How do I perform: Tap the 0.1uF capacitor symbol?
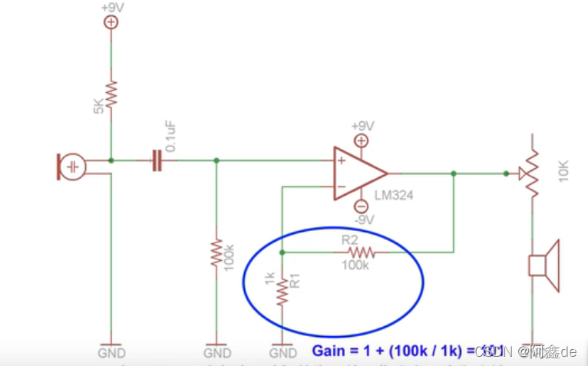(x=157, y=160)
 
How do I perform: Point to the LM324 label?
(x=394, y=196)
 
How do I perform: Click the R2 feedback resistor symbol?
(x=360, y=252)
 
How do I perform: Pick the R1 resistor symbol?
(x=283, y=292)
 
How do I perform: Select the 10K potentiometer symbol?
(x=530, y=175)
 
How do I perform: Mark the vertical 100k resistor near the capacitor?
(x=217, y=253)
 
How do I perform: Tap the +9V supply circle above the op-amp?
(x=361, y=140)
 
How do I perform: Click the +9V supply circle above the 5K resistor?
(x=111, y=22)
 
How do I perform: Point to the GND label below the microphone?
(x=111, y=353)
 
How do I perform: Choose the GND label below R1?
(x=283, y=353)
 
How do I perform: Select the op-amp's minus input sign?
(x=341, y=186)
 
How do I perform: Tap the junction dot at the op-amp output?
(x=454, y=173)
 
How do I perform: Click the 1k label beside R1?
(x=269, y=279)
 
